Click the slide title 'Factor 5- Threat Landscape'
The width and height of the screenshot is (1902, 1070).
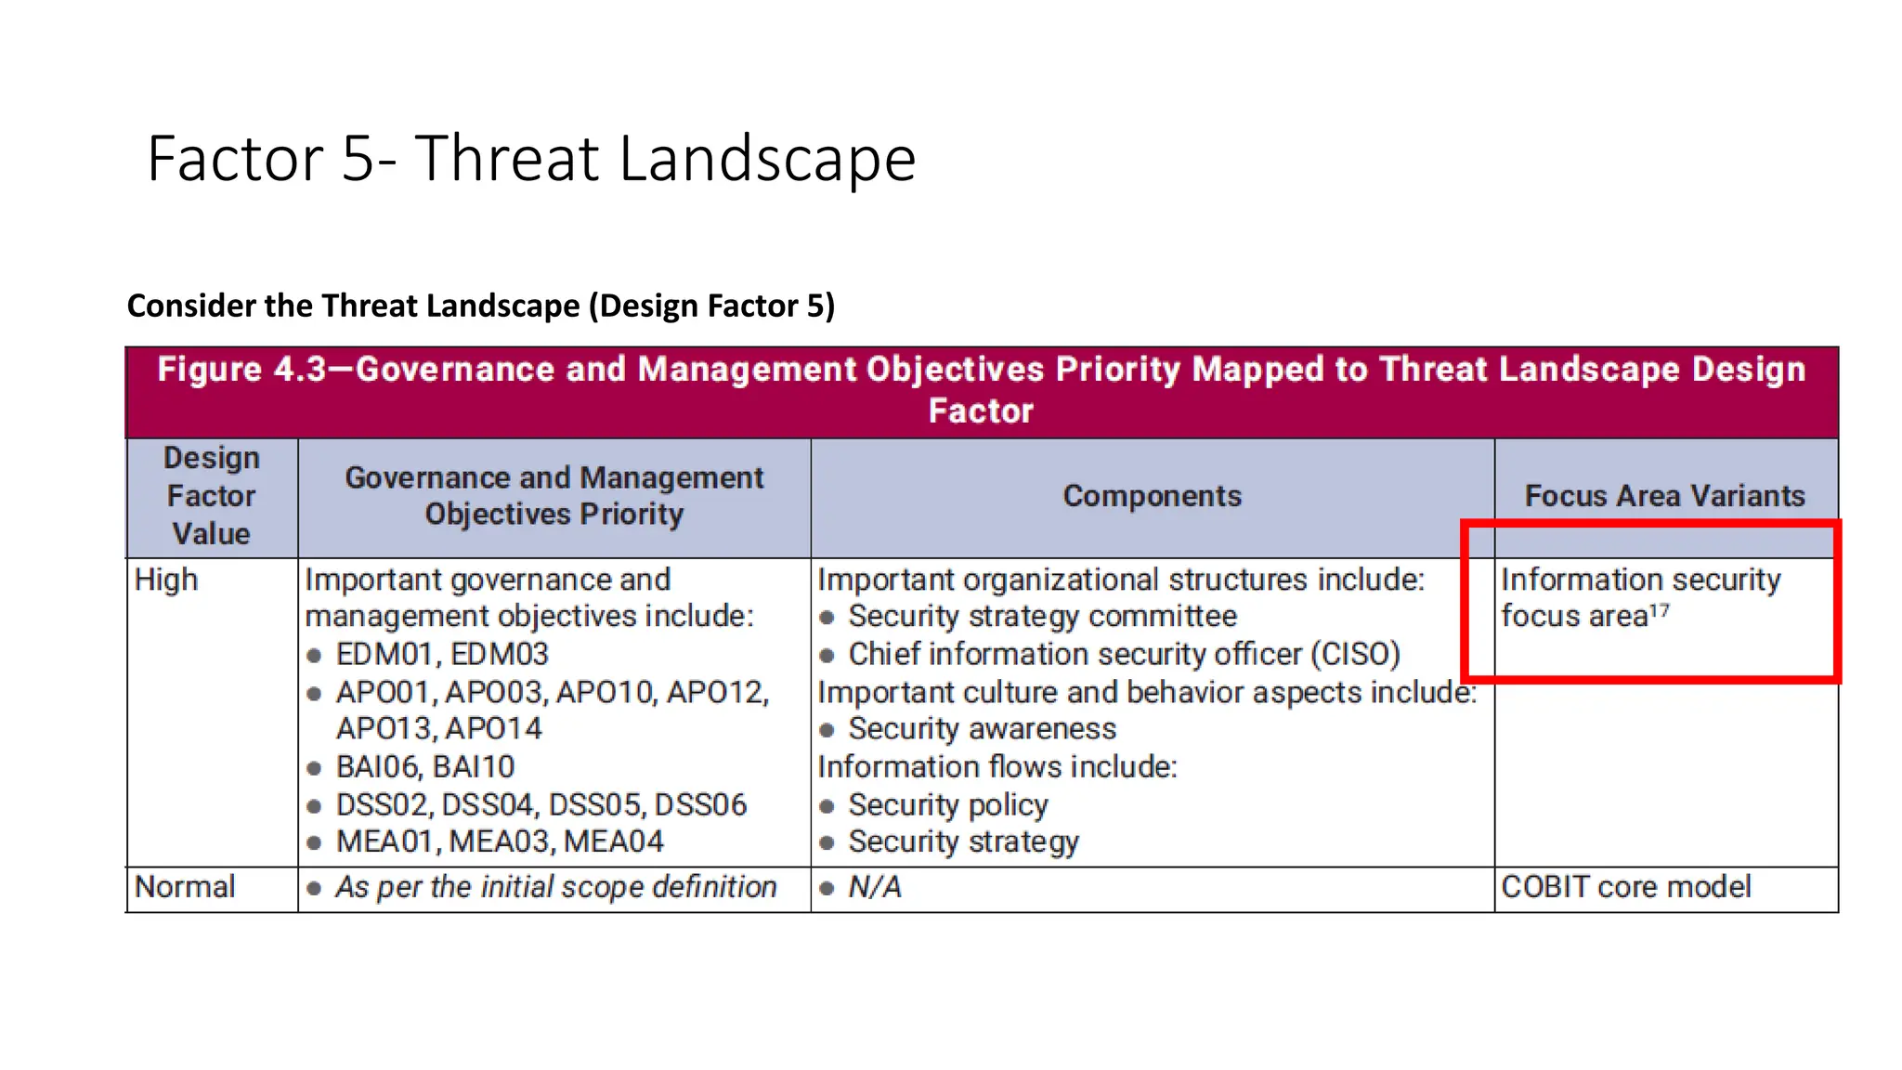click(x=531, y=158)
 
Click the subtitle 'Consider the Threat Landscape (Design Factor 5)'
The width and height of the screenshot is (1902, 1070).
click(x=480, y=306)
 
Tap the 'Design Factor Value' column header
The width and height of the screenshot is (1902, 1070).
click(x=211, y=496)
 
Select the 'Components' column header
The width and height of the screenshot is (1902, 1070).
click(x=1152, y=496)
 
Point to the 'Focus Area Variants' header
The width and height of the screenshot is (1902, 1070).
click(x=1664, y=496)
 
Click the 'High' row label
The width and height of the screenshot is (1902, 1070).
click(x=166, y=580)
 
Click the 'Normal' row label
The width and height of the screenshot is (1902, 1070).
click(x=185, y=887)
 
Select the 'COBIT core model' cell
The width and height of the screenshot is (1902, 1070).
click(x=1625, y=887)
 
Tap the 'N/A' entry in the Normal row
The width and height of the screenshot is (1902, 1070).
click(x=874, y=887)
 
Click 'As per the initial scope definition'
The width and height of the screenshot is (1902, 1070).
click(x=555, y=887)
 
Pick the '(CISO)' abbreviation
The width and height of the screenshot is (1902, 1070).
click(x=1355, y=654)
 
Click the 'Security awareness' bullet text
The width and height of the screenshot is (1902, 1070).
click(x=982, y=729)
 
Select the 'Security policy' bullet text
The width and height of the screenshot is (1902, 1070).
click(x=947, y=804)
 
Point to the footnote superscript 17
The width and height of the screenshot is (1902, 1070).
click(x=1659, y=611)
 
